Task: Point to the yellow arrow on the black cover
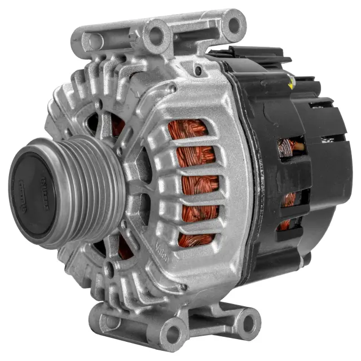coord(290,85)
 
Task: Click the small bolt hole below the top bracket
coord(198,71)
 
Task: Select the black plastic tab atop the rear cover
coord(248,54)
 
